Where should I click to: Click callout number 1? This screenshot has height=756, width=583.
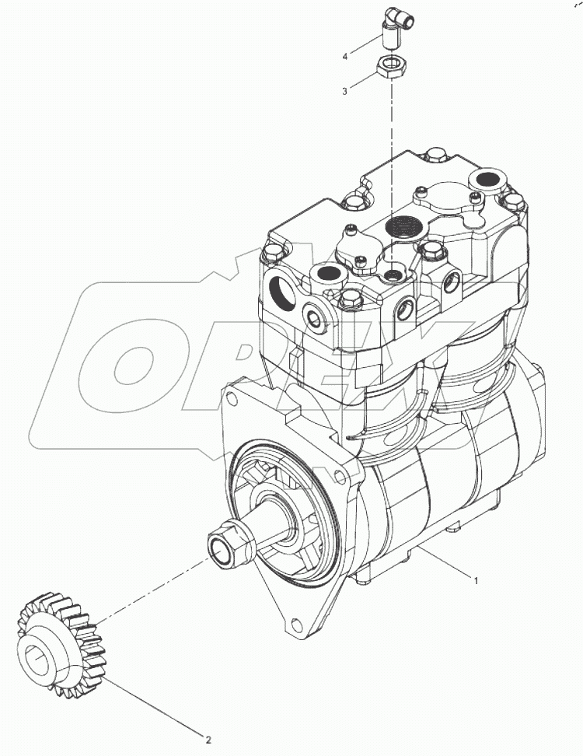pos(477,580)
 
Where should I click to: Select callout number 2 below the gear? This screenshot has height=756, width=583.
pos(208,740)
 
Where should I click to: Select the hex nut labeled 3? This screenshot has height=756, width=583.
pos(391,67)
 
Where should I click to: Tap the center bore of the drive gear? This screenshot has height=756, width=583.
pos(42,662)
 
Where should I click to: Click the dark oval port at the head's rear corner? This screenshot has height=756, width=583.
pos(490,180)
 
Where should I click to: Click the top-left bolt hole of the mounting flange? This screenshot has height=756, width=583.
pos(230,399)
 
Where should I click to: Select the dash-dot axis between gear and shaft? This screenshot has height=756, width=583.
pos(148,590)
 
